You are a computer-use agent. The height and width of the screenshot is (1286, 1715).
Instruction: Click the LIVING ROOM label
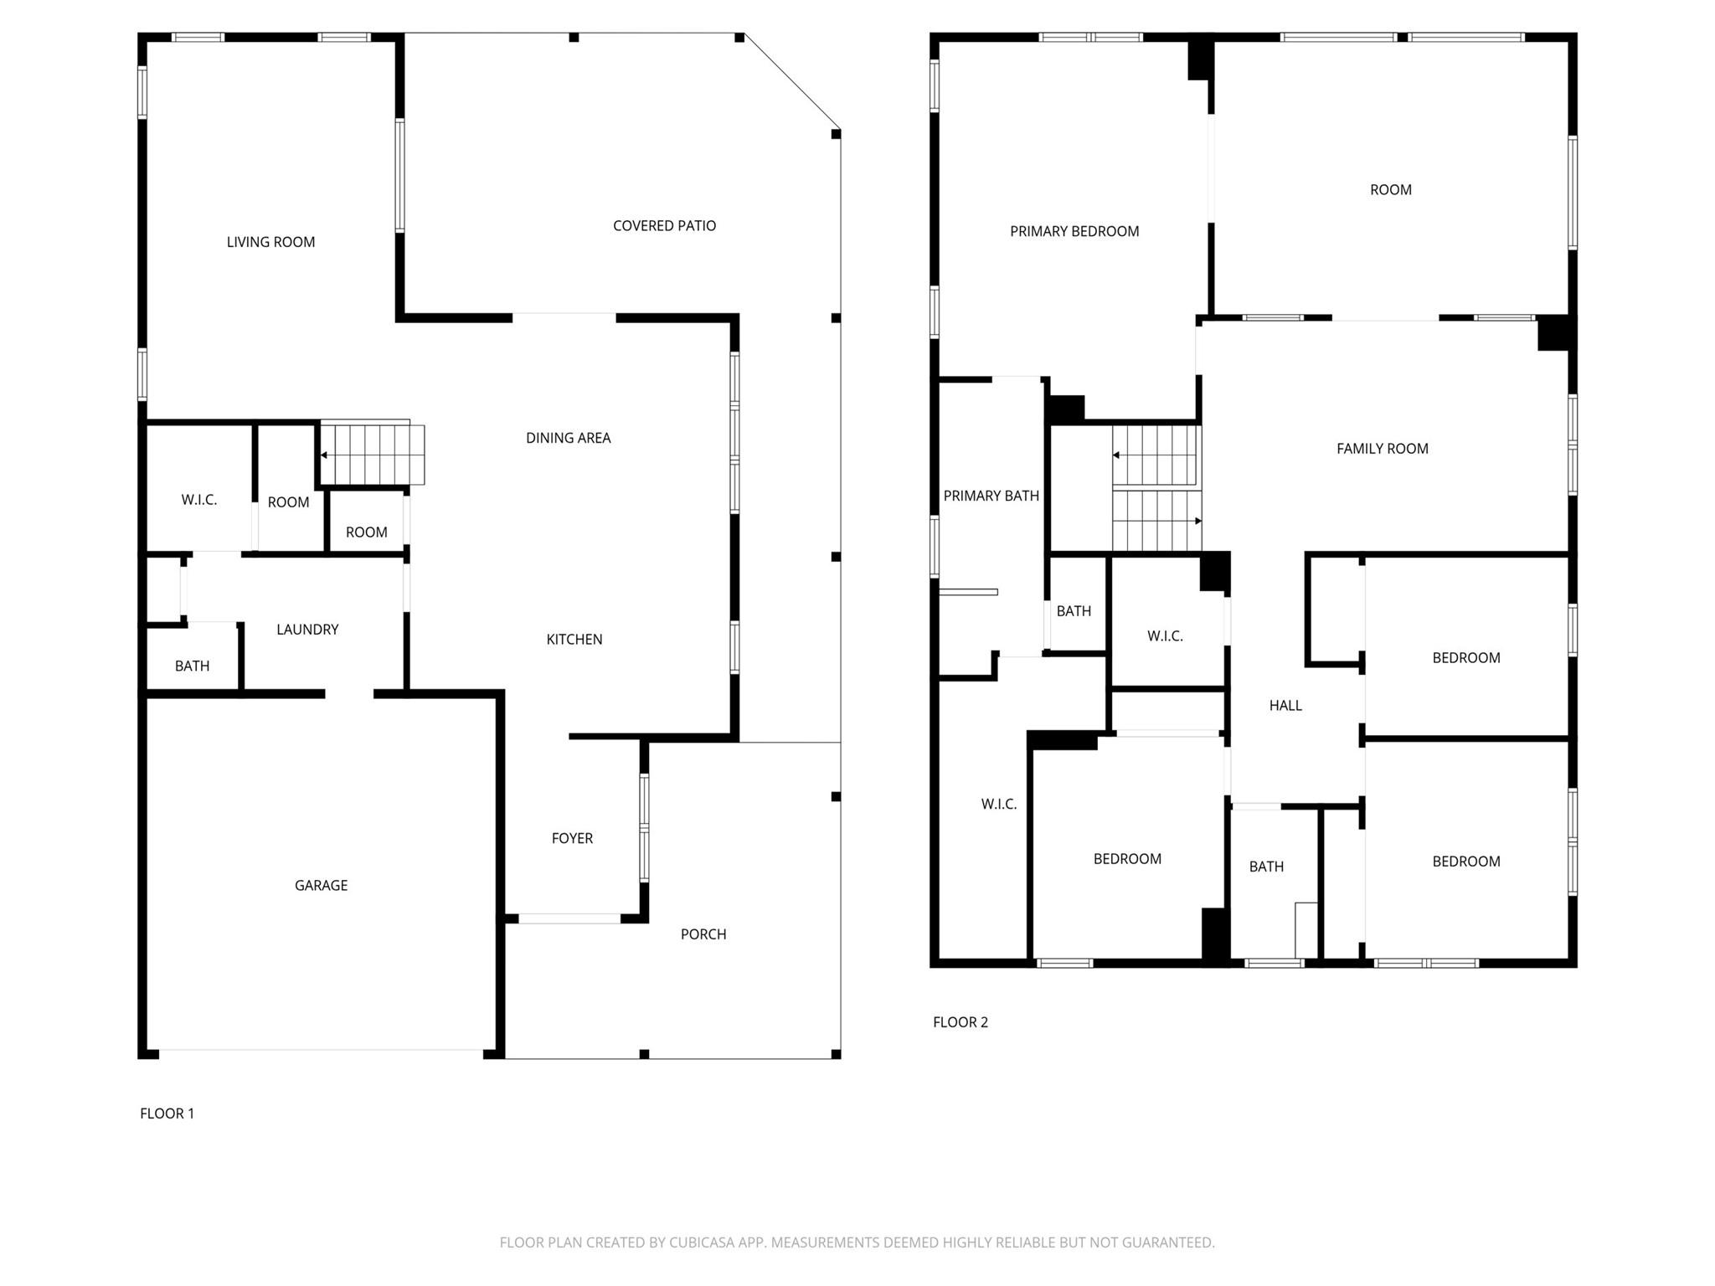pyautogui.click(x=270, y=242)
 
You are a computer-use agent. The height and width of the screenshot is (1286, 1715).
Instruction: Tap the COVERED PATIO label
pyautogui.click(x=664, y=225)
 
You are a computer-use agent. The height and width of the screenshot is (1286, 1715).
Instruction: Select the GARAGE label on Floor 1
pyautogui.click(x=321, y=885)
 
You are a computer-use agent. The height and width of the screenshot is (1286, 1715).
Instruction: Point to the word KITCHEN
pyautogui.click(x=574, y=639)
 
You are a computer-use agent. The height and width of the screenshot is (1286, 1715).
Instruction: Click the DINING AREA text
pyautogui.click(x=568, y=437)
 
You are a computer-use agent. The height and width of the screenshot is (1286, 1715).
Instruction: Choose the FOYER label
pyautogui.click(x=572, y=838)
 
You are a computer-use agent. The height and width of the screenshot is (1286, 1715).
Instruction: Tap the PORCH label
pyautogui.click(x=703, y=934)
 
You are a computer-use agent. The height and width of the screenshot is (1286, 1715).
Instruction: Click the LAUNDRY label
pyautogui.click(x=307, y=629)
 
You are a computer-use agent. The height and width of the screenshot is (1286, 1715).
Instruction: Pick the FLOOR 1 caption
pyautogui.click(x=167, y=1113)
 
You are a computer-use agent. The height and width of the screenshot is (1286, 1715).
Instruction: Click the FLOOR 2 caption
pyautogui.click(x=960, y=1021)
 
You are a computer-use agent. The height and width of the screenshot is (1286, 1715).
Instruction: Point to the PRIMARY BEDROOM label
pyautogui.click(x=1074, y=231)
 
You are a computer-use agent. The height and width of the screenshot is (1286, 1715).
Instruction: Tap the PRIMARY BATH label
pyautogui.click(x=991, y=496)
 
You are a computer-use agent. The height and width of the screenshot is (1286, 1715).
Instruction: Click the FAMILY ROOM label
pyautogui.click(x=1382, y=448)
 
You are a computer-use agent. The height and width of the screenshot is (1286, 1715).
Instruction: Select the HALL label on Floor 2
pyautogui.click(x=1285, y=705)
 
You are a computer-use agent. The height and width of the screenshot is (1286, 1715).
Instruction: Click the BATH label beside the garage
pyautogui.click(x=192, y=666)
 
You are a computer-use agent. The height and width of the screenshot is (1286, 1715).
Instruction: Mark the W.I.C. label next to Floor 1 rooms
pyautogui.click(x=198, y=500)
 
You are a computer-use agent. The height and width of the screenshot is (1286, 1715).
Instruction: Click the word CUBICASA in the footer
pyautogui.click(x=698, y=1242)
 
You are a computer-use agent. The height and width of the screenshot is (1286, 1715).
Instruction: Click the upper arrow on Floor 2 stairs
pyautogui.click(x=1117, y=455)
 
